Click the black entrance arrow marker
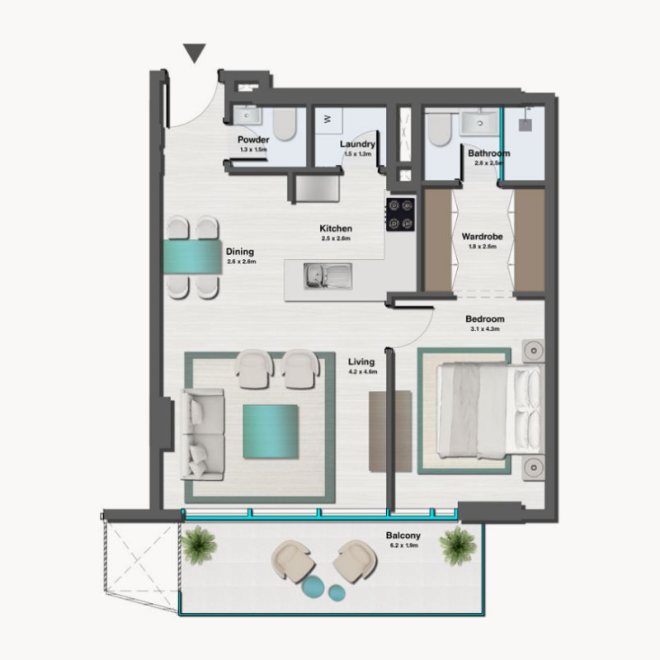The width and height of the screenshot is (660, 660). pos(194,54)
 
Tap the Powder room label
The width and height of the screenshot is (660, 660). pos(253,140)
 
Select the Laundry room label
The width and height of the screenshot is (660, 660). pos(357,144)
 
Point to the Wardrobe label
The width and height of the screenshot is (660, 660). pos(483,237)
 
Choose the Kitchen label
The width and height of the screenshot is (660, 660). pos(337,229)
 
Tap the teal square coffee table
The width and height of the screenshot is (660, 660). pos(270,432)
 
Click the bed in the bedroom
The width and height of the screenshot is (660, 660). pos(483,412)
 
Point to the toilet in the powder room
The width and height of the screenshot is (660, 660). pos(284,123)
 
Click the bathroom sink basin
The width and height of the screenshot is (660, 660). pos(476,123)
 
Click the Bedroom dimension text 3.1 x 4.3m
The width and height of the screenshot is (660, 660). pos(484,329)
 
